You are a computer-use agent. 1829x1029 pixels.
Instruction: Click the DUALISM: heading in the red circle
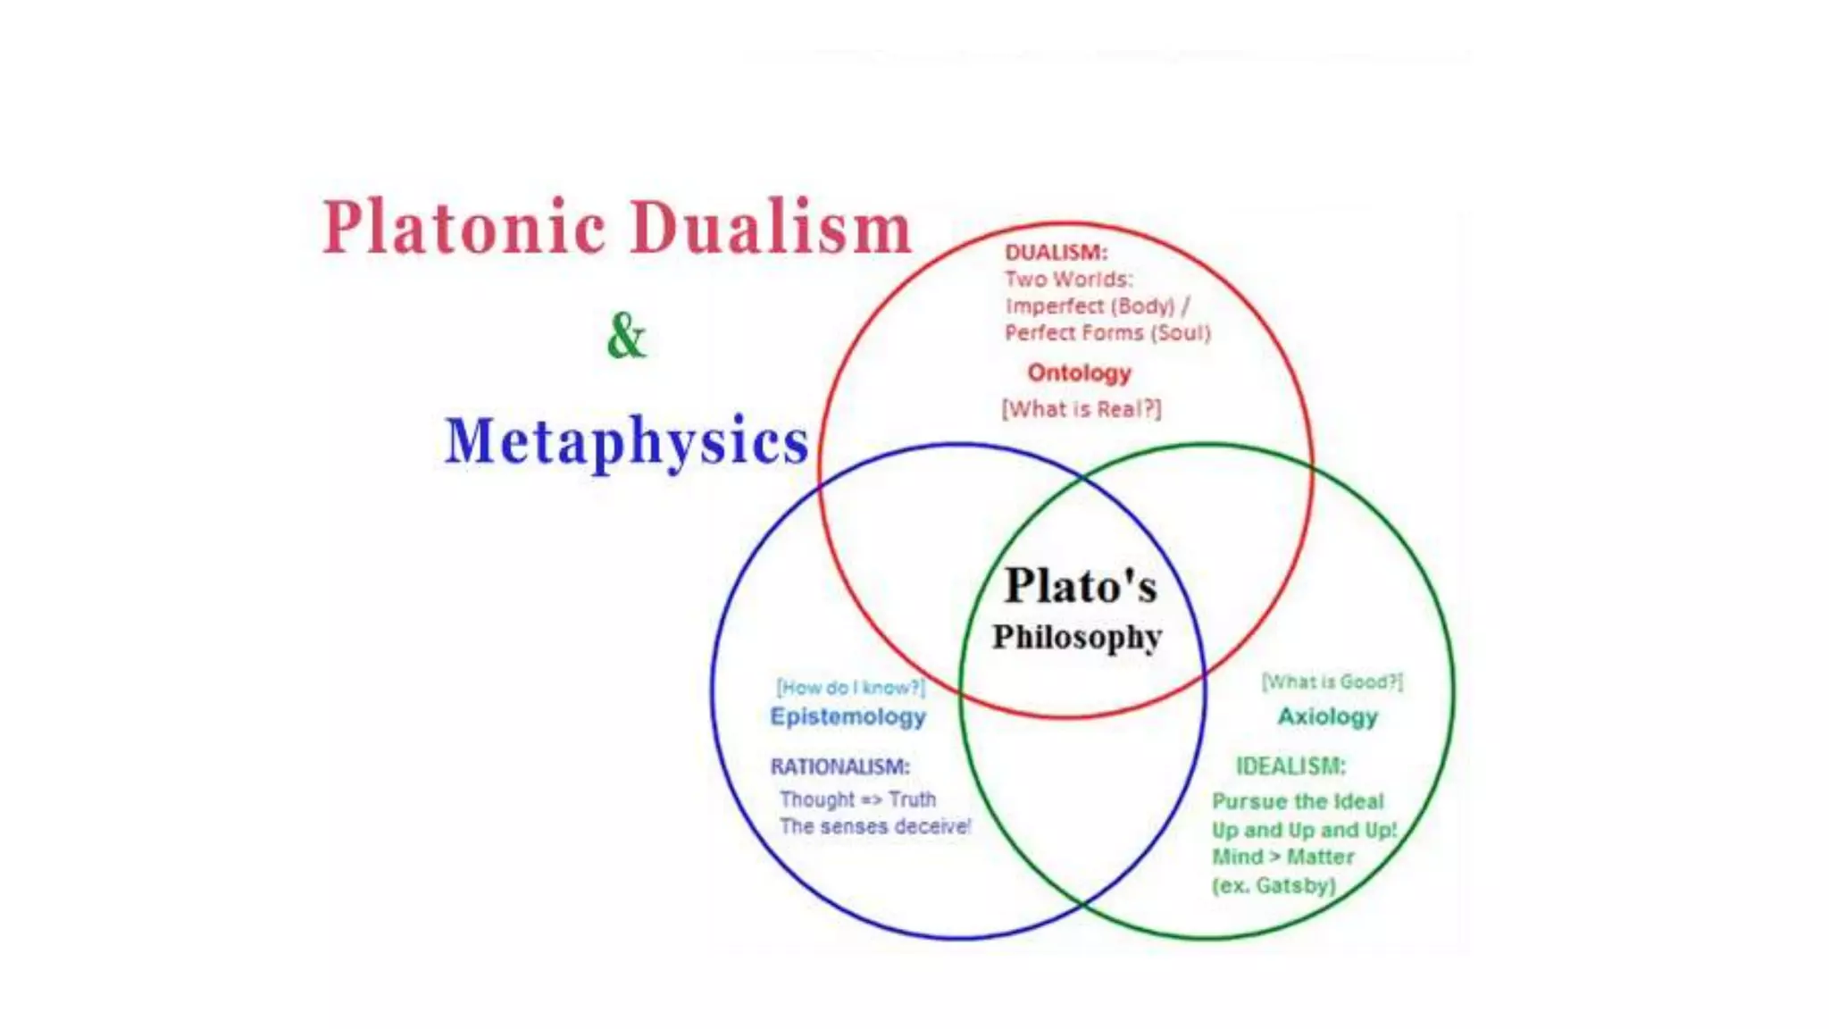click(x=1056, y=253)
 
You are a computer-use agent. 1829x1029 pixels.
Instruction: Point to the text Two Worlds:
click(x=1068, y=280)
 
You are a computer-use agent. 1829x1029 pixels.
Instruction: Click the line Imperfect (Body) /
click(x=1097, y=306)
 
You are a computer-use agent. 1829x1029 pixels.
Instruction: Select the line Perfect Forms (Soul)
click(x=1107, y=333)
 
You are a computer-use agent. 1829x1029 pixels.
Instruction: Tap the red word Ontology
click(x=1079, y=372)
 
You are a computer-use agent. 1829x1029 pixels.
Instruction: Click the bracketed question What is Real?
click(x=1082, y=409)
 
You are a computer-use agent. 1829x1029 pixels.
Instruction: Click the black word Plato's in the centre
click(x=1081, y=587)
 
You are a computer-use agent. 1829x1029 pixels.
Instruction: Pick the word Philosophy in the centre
click(x=1077, y=637)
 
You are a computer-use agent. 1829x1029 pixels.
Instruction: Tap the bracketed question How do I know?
click(x=850, y=687)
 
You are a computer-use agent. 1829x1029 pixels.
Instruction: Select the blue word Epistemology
click(x=848, y=716)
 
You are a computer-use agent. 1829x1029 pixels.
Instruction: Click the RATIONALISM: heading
click(x=839, y=766)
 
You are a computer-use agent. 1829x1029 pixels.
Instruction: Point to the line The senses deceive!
click(x=874, y=826)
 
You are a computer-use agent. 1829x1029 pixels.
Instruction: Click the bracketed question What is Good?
click(x=1332, y=682)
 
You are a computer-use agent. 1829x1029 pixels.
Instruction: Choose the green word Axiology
click(x=1327, y=716)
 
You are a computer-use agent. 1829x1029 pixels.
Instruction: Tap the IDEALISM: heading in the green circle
click(x=1290, y=766)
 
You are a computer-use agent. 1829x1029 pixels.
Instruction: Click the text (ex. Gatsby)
click(x=1274, y=885)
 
